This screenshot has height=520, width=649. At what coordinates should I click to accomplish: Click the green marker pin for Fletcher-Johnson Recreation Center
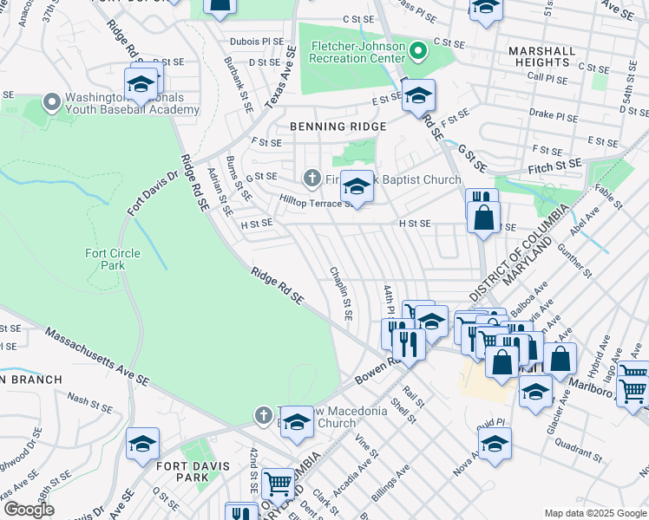[x=418, y=50]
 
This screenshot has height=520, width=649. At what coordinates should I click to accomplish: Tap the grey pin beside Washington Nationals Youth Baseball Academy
[x=51, y=103]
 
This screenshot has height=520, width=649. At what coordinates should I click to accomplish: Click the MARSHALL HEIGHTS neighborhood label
[x=542, y=56]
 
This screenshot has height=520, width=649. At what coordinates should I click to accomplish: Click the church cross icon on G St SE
[x=311, y=179]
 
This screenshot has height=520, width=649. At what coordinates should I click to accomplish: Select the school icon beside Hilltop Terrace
[x=356, y=185]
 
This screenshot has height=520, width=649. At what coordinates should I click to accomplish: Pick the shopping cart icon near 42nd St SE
[x=278, y=483]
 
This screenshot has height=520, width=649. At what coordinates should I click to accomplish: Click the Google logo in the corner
[x=29, y=510]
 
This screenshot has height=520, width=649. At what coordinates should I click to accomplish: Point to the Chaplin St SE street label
[x=340, y=293]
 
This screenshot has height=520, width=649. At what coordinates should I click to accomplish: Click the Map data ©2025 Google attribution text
[x=594, y=512]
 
